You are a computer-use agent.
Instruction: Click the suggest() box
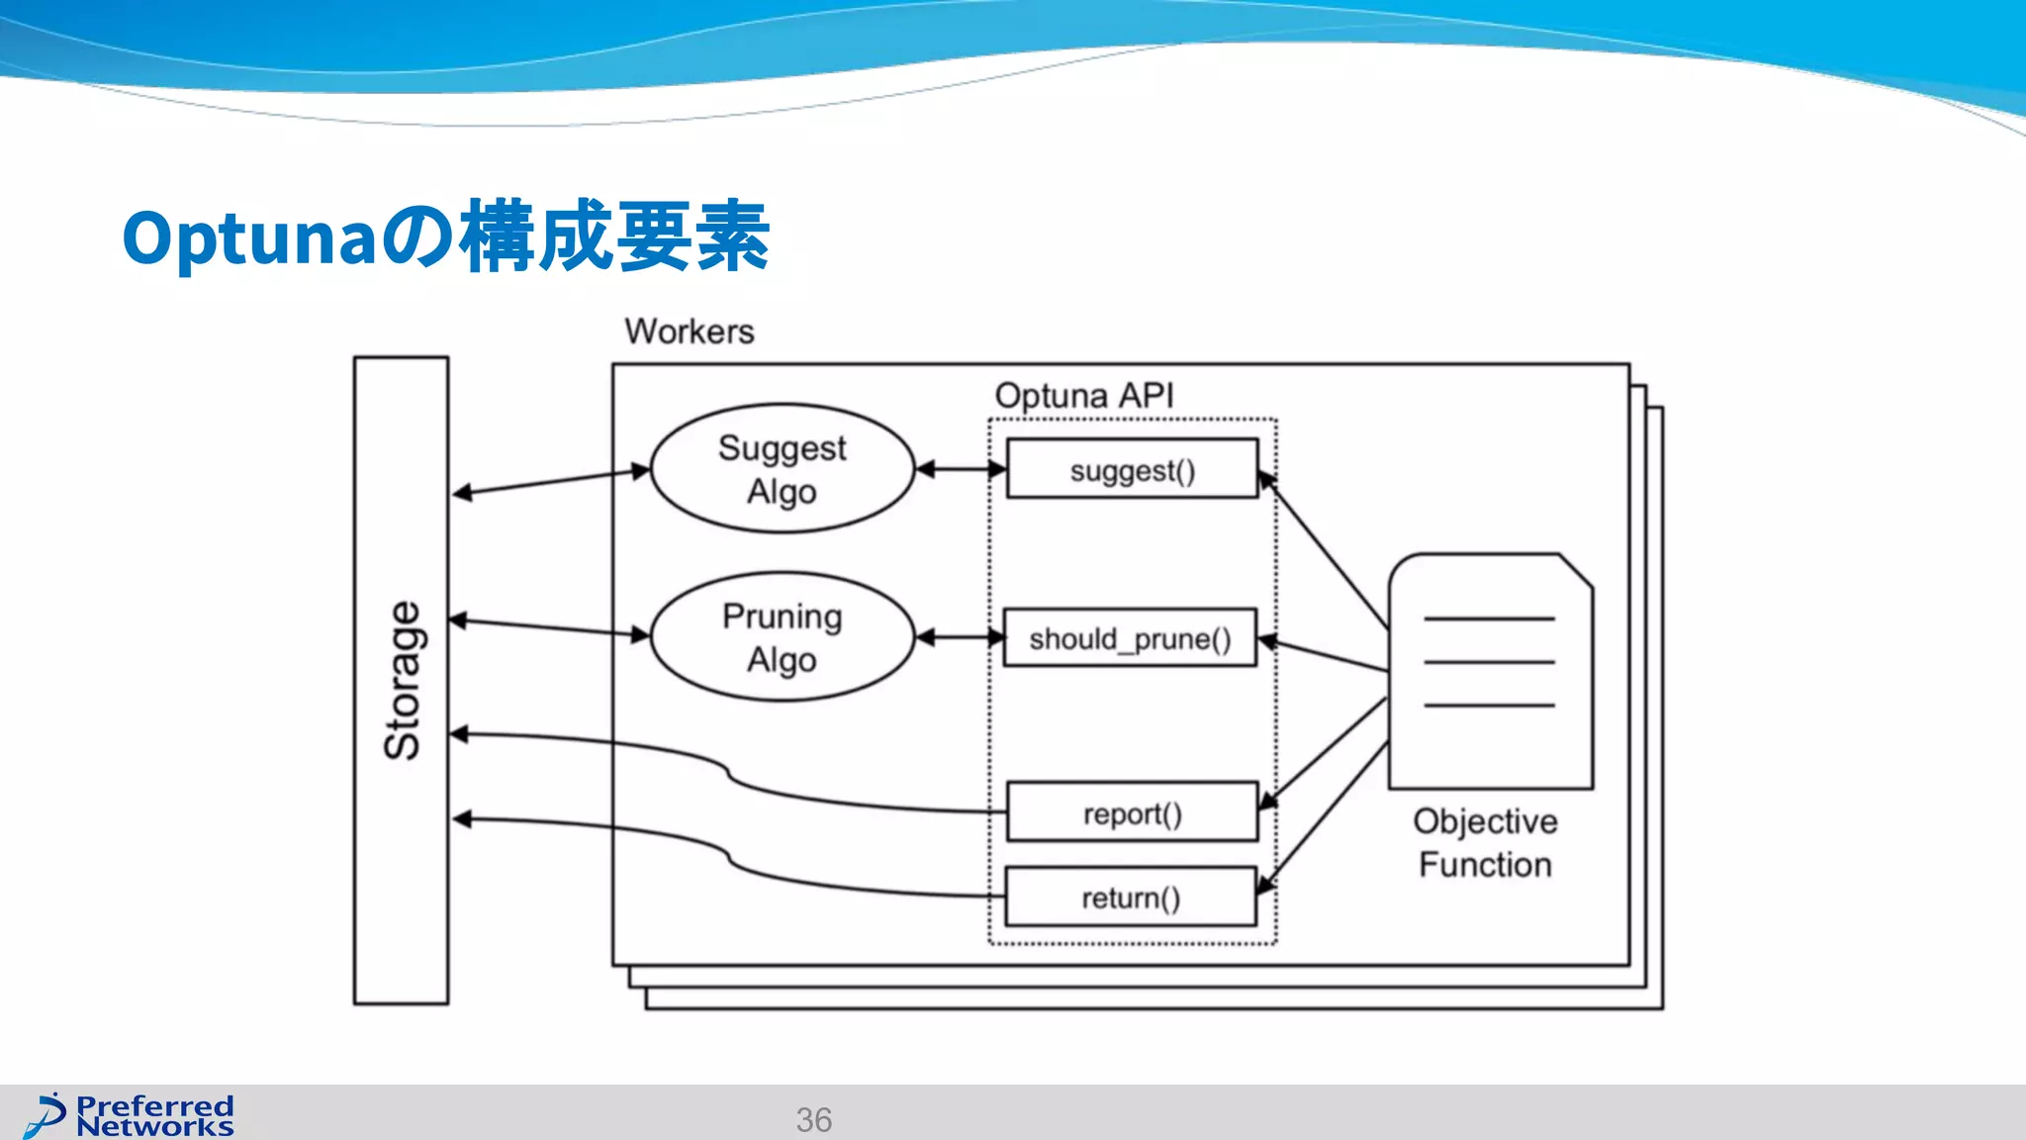tap(1132, 469)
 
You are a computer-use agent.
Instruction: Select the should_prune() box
tap(1130, 638)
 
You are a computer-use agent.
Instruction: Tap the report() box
tap(1132, 812)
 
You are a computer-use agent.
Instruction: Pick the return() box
tap(1130, 898)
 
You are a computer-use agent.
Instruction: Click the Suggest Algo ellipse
tap(782, 469)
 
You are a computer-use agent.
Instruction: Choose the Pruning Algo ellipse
tap(782, 637)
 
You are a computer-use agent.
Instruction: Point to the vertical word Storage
tap(402, 681)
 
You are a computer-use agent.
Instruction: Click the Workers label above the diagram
tap(690, 332)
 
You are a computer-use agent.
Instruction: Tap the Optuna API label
tap(1084, 396)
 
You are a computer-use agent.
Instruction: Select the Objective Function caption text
tap(1485, 843)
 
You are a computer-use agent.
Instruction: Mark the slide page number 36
tap(813, 1119)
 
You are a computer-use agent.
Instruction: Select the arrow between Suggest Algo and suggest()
tap(961, 469)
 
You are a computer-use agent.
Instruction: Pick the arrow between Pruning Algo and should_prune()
tap(960, 638)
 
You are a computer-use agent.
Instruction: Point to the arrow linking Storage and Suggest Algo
tap(550, 481)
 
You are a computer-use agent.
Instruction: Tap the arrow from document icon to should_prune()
tap(1326, 655)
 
